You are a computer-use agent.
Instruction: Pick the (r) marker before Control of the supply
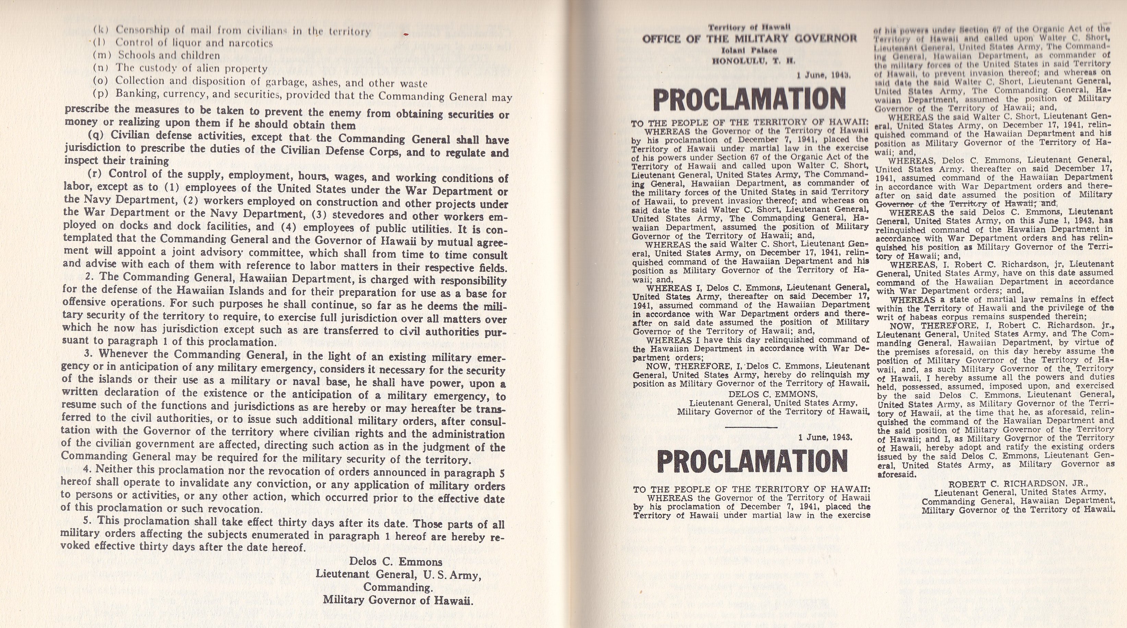pos(95,173)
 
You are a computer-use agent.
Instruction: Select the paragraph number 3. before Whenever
pos(88,353)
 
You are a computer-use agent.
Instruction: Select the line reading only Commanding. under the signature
pos(398,587)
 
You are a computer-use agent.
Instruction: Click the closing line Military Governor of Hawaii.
pos(398,600)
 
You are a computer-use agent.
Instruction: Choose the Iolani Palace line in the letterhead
pos(749,51)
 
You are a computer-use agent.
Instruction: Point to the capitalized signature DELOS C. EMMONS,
pos(773,394)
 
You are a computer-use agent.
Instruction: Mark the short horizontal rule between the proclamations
pos(751,427)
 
